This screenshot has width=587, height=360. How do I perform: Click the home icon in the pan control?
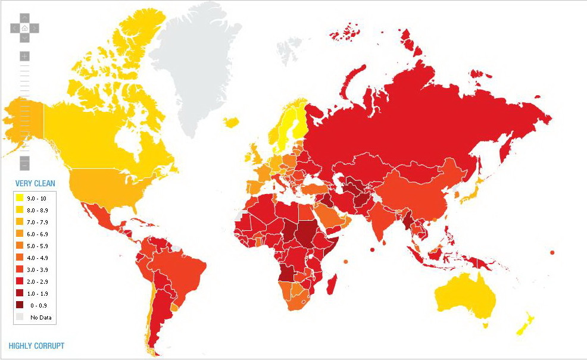(24, 27)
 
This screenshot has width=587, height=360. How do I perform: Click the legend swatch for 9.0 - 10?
(20, 198)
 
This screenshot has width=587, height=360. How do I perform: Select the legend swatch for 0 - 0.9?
(20, 305)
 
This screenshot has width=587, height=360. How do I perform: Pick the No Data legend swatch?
(20, 317)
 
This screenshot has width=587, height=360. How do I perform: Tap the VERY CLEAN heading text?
(35, 183)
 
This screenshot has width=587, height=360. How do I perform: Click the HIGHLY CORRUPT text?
(36, 346)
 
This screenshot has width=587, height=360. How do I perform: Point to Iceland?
(232, 122)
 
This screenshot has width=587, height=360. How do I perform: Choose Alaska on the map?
(24, 119)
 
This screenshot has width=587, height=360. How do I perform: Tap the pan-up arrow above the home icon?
(24, 18)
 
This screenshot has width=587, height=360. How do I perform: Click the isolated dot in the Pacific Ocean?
(552, 252)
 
